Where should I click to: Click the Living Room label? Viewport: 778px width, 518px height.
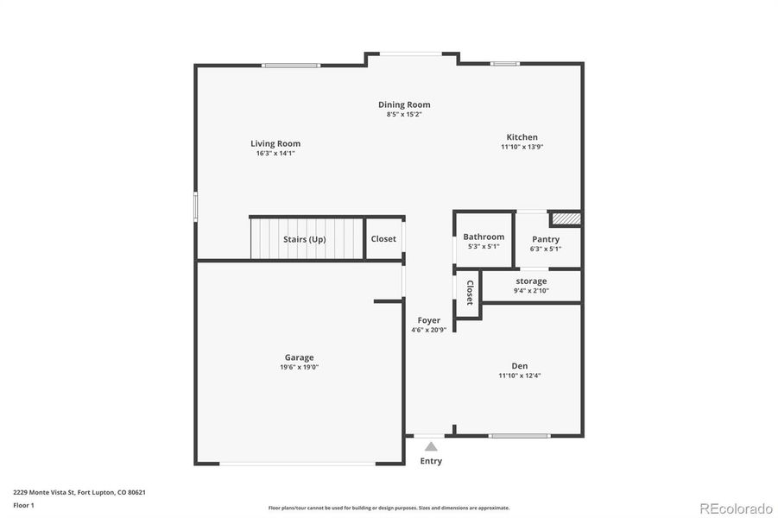click(x=275, y=143)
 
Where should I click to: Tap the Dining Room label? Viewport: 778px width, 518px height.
click(x=404, y=104)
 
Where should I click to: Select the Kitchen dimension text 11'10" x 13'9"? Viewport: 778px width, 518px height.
click(x=522, y=147)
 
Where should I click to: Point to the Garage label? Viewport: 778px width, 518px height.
click(x=300, y=357)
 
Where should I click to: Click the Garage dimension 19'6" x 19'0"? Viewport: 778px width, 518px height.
click(x=300, y=367)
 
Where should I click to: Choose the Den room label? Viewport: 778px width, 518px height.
click(x=519, y=365)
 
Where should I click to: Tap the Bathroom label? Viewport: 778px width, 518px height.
click(x=484, y=237)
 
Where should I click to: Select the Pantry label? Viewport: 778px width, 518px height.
click(x=546, y=239)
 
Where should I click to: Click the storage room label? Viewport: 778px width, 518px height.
click(x=531, y=281)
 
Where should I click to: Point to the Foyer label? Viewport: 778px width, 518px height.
click(x=429, y=320)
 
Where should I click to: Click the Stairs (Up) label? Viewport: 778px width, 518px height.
click(x=305, y=239)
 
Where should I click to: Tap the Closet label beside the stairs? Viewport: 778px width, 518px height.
click(x=383, y=239)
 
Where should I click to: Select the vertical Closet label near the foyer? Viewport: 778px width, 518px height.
click(x=470, y=293)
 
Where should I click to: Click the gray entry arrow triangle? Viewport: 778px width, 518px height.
click(x=431, y=446)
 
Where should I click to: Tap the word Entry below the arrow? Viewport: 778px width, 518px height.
click(x=431, y=461)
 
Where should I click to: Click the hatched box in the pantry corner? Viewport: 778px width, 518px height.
click(x=566, y=219)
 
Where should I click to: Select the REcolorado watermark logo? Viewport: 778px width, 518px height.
click(x=736, y=507)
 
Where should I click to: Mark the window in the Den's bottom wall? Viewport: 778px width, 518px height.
click(x=519, y=435)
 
